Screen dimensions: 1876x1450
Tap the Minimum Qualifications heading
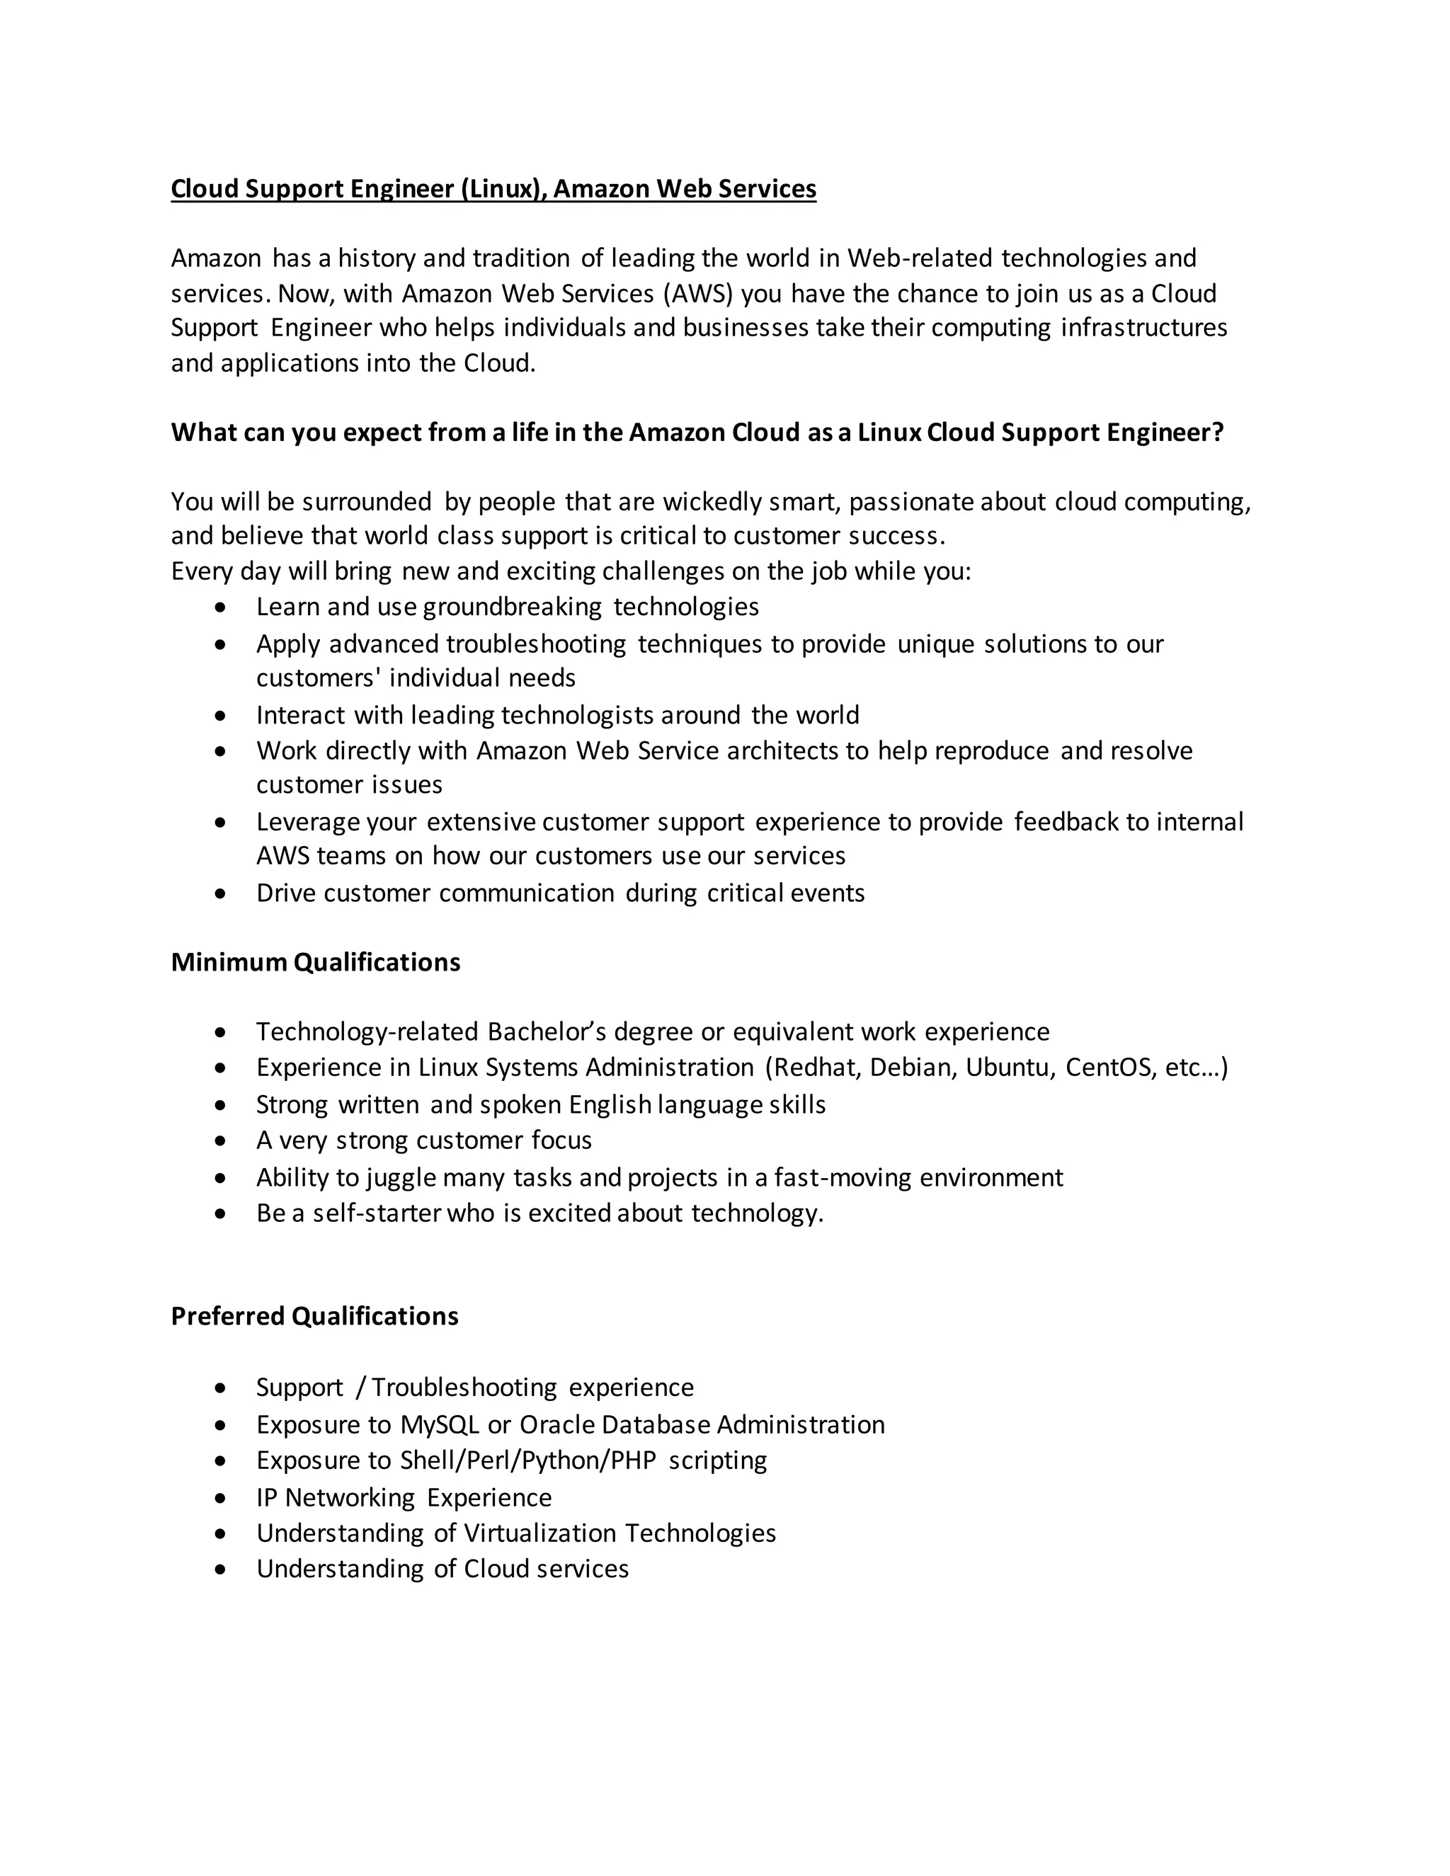(315, 962)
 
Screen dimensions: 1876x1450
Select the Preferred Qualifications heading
(314, 1316)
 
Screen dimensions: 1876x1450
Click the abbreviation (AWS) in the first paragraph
(697, 294)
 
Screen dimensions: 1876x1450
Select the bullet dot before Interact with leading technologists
(222, 715)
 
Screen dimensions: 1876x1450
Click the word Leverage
(307, 822)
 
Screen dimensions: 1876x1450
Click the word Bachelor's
(547, 1031)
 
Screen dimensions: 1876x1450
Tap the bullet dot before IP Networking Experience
(222, 1497)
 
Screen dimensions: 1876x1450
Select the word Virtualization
(540, 1533)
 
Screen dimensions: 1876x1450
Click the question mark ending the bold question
(1216, 432)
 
